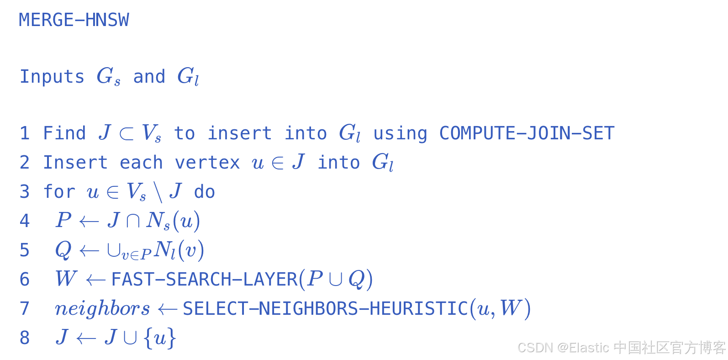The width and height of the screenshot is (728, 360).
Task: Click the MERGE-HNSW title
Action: click(x=74, y=20)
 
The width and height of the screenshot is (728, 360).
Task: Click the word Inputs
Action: click(x=52, y=77)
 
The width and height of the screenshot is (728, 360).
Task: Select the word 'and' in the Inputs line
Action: click(x=149, y=77)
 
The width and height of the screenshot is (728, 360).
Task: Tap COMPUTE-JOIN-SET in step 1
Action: click(x=527, y=133)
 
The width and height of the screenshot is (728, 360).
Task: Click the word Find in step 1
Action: click(x=64, y=133)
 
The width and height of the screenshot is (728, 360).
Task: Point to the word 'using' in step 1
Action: click(x=400, y=133)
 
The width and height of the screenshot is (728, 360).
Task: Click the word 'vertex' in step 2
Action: click(x=207, y=163)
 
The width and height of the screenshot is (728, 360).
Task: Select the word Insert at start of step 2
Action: click(x=75, y=163)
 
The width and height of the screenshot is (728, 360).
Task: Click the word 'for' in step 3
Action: click(x=59, y=192)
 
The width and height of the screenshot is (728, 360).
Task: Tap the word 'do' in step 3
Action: click(x=204, y=192)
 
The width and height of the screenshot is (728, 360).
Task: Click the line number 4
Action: click(x=25, y=221)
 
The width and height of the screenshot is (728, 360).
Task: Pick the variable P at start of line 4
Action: click(x=63, y=221)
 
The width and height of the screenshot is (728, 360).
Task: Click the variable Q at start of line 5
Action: click(x=63, y=250)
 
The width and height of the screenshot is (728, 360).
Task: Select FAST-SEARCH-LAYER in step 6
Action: click(x=204, y=280)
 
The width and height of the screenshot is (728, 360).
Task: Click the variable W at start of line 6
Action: click(x=66, y=279)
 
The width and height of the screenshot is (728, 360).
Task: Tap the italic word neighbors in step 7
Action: click(x=102, y=309)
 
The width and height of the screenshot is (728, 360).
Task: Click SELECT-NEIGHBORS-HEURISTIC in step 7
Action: click(x=325, y=309)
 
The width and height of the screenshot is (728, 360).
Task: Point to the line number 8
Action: click(x=25, y=338)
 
